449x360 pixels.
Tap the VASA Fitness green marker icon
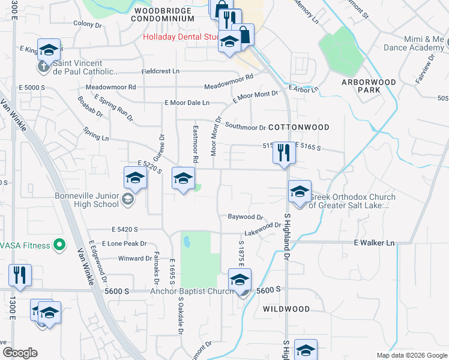tap(59, 245)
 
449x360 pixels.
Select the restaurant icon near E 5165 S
tap(283, 153)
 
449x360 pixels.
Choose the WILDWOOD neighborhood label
tap(286, 309)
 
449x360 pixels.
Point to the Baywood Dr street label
tap(246, 217)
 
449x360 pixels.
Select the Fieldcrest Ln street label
tap(160, 71)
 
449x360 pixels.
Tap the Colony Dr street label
tap(88, 25)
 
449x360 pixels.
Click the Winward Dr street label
tap(136, 259)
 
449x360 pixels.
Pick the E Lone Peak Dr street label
tap(124, 244)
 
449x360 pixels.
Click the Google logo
tap(19, 353)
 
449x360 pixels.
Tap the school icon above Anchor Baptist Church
tap(240, 280)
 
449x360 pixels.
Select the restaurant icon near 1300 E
tap(20, 275)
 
